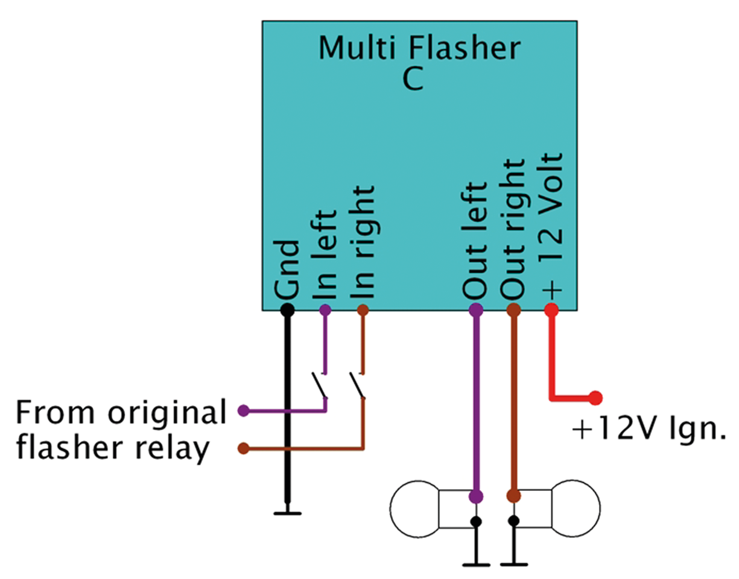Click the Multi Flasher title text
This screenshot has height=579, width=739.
419,48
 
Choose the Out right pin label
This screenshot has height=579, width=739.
513,231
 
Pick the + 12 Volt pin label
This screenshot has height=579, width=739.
551,224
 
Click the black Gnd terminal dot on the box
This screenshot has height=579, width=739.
288,311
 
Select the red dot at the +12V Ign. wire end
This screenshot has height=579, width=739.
595,397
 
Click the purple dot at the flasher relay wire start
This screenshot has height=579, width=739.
244,411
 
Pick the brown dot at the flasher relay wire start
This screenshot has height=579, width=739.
244,448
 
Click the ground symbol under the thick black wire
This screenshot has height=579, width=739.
288,513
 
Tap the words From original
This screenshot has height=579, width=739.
120,414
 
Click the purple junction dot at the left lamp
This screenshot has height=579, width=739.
476,496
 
